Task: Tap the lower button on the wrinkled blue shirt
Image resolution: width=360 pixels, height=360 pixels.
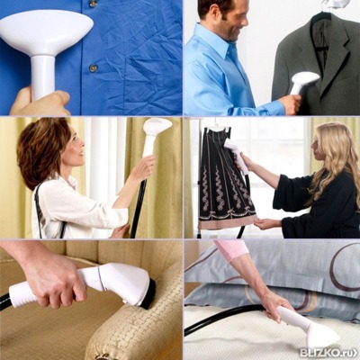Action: (93, 68)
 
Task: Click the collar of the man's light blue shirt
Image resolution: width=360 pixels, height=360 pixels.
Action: (227, 45)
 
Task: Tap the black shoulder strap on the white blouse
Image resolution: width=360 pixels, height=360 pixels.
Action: (39, 210)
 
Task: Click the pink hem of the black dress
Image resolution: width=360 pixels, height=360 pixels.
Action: (228, 221)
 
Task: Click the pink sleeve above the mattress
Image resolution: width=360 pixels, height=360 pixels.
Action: (231, 249)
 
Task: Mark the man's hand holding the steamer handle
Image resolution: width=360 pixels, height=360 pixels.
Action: (290, 103)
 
